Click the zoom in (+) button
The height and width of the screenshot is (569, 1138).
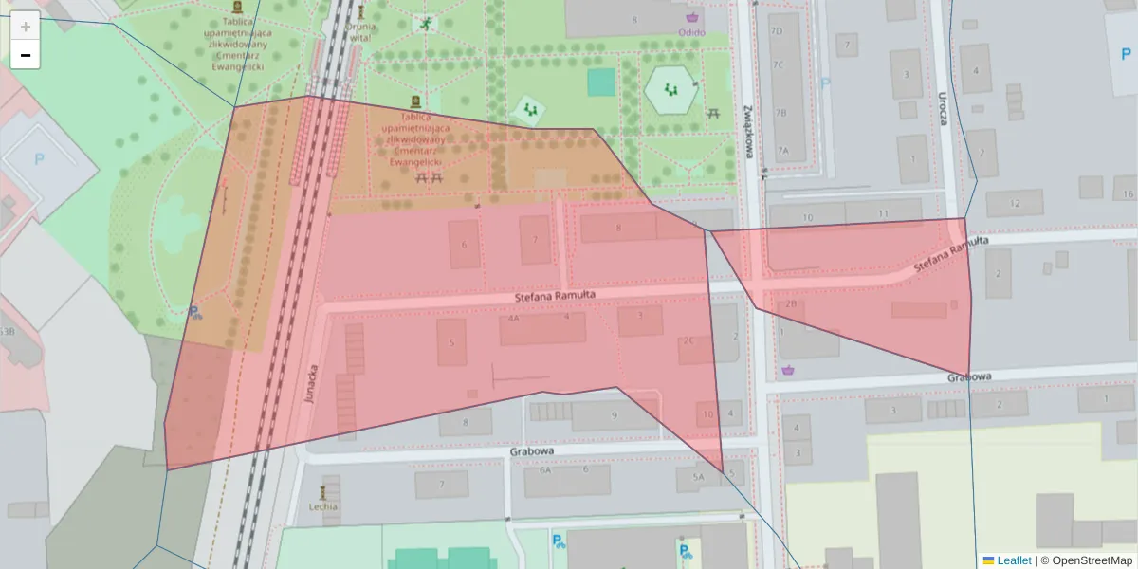(x=26, y=26)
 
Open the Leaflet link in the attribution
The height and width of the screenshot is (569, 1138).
(x=1014, y=560)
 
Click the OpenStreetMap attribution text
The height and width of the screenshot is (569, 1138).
(x=1092, y=560)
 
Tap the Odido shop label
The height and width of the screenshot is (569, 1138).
(x=691, y=31)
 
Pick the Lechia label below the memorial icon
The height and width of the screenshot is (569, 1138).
(x=323, y=506)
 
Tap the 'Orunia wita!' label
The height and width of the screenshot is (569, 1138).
(x=360, y=32)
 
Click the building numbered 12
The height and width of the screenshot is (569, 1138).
(x=1014, y=203)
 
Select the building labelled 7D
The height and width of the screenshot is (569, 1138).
(x=778, y=31)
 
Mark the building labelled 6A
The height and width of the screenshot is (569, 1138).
(x=545, y=469)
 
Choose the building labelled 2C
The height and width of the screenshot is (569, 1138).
(x=688, y=340)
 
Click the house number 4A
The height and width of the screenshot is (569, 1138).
(x=513, y=319)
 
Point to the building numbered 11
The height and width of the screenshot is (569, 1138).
(x=884, y=213)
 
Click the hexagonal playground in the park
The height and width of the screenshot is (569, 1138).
(x=672, y=90)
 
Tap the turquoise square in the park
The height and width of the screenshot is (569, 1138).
(x=600, y=83)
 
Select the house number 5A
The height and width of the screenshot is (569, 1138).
(x=699, y=477)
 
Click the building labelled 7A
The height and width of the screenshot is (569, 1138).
(x=783, y=151)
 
